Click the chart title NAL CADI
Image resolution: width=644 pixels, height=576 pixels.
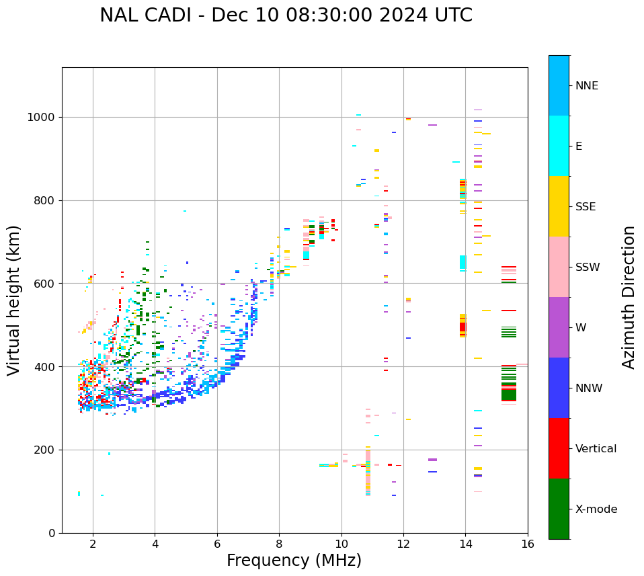286,15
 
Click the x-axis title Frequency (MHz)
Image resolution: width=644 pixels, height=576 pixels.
294,561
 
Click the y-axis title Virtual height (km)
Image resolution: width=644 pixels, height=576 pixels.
14,300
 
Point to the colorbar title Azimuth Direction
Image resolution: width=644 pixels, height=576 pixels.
629,297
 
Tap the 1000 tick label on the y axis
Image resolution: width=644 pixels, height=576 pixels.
42,118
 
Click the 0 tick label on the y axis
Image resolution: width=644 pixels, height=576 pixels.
52,533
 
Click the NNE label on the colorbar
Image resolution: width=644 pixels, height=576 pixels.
586,86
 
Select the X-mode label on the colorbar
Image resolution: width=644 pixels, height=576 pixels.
596,509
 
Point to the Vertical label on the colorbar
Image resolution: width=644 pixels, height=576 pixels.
596,449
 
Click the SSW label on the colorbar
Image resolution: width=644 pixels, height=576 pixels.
588,268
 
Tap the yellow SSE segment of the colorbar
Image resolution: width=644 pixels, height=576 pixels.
559,206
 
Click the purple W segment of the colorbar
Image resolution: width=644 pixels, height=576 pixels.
559,327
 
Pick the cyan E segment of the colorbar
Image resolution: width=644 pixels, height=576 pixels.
559,146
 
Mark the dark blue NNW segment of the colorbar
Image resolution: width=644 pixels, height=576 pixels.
559,388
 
